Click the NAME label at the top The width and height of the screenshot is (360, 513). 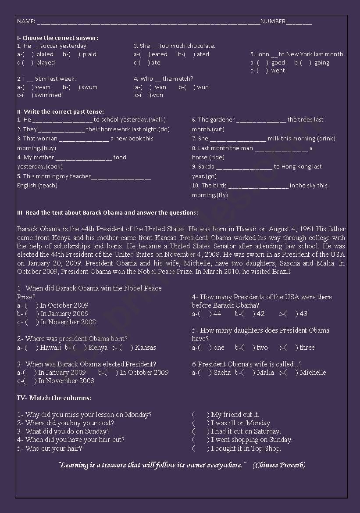point(25,22)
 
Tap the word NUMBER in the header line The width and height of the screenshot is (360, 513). point(273,22)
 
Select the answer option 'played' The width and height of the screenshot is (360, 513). point(46,63)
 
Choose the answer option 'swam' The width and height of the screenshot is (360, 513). point(43,87)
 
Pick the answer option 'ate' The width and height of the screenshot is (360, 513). point(156,63)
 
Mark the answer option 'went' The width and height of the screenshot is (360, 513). point(278,71)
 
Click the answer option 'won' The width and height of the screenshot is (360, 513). point(157,95)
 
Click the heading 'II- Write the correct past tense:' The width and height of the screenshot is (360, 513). point(61,112)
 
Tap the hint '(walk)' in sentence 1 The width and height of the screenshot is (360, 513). point(157,120)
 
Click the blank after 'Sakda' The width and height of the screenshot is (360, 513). point(244,167)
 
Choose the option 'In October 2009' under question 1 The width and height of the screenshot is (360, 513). point(64,305)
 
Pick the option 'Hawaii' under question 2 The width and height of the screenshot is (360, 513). point(50,348)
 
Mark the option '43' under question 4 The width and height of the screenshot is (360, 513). point(303,314)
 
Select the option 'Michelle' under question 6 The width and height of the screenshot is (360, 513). point(313,373)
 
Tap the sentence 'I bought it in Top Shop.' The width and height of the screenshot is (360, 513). point(246,448)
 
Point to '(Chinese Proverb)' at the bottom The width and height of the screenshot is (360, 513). point(279,465)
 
